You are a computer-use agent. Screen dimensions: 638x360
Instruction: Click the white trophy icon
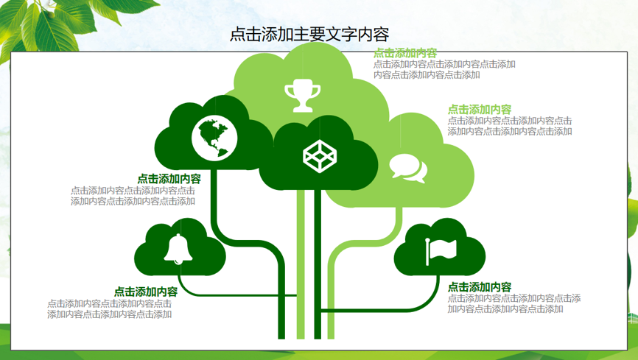tap(302, 96)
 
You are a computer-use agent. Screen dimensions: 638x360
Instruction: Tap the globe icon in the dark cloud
tap(214, 138)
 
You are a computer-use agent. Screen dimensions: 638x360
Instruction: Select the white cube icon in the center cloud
tap(320, 156)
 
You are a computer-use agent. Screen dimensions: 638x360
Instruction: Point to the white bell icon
tap(178, 249)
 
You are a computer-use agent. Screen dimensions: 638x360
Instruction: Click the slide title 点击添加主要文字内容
tap(309, 34)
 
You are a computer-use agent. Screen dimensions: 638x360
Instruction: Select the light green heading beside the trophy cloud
tap(405, 53)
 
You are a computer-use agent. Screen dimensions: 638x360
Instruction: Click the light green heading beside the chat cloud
tap(480, 110)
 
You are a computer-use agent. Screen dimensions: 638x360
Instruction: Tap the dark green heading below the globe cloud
tap(169, 179)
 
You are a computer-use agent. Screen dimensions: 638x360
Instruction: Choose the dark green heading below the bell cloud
tap(146, 292)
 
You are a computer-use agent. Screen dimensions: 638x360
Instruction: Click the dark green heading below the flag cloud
tap(480, 287)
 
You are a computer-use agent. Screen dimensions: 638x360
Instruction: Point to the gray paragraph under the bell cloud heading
tap(110, 308)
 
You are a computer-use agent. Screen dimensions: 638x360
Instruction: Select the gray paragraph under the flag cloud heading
tap(514, 303)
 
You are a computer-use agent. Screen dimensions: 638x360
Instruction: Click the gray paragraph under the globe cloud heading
tap(133, 196)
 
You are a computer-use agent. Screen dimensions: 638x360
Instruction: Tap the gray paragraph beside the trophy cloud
tap(445, 69)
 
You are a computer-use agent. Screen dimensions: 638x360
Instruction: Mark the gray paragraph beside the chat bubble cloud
tap(511, 126)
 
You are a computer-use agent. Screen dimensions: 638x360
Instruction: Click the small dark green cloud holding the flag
tap(440, 247)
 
